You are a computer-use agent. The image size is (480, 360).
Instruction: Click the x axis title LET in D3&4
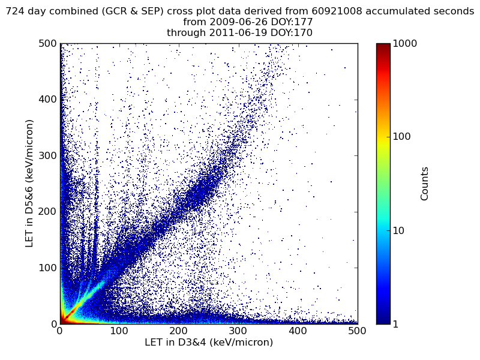tap(209, 343)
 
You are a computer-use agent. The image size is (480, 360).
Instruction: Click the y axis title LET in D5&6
tap(29, 183)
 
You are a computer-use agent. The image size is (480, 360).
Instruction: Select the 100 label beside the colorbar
tap(401, 137)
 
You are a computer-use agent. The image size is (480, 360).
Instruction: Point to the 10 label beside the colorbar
tap(399, 230)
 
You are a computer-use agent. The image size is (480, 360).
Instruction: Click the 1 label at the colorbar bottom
tap(396, 324)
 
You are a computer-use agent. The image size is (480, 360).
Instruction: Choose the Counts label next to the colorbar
tap(425, 184)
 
